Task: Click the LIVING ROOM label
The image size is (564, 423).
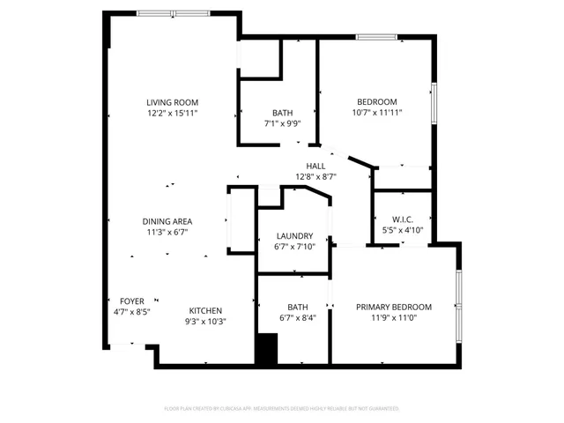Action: click(173, 102)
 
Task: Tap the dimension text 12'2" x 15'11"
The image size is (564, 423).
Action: click(173, 113)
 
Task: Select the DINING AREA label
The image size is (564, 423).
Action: click(167, 221)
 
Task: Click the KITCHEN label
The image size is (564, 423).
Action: click(206, 310)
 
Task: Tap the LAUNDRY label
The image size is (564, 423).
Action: click(293, 236)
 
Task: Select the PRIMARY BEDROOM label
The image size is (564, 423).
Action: click(394, 307)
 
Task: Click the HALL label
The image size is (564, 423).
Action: click(315, 166)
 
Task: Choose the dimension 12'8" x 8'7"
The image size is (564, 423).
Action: click(315, 176)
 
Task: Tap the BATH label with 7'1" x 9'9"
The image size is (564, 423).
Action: click(282, 113)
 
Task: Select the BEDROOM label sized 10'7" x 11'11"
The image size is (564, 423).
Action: click(376, 101)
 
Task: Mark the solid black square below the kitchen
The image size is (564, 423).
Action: click(266, 350)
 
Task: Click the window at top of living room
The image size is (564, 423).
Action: click(174, 13)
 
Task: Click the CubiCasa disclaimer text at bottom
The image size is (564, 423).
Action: click(282, 409)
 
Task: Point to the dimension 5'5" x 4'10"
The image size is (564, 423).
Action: click(403, 230)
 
